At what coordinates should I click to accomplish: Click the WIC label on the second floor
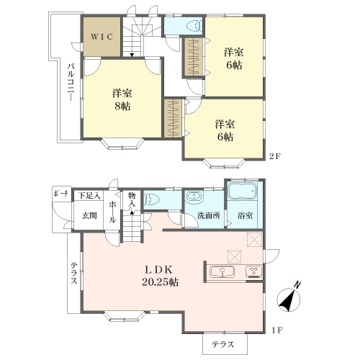(x=102, y=37)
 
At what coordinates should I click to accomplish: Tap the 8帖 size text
(x=122, y=106)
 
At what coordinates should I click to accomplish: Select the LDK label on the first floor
(x=158, y=270)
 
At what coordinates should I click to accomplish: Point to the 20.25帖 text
(x=160, y=282)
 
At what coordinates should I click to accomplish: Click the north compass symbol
(x=289, y=297)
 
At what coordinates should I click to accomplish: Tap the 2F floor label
(x=275, y=156)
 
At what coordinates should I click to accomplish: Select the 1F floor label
(x=276, y=330)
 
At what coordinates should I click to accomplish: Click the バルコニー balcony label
(x=71, y=82)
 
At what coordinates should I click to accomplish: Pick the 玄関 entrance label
(x=89, y=215)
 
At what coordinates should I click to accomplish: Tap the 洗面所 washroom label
(x=209, y=215)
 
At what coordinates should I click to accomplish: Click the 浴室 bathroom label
(x=245, y=215)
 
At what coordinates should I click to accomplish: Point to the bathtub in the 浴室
(x=242, y=192)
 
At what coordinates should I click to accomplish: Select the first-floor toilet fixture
(x=151, y=199)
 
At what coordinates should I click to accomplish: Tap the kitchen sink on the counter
(x=222, y=272)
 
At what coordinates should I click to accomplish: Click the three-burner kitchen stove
(x=254, y=272)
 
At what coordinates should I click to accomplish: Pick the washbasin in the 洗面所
(x=194, y=196)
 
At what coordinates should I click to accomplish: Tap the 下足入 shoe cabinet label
(x=89, y=196)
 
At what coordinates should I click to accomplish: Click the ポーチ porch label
(x=60, y=194)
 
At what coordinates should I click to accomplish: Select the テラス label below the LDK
(x=222, y=344)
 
